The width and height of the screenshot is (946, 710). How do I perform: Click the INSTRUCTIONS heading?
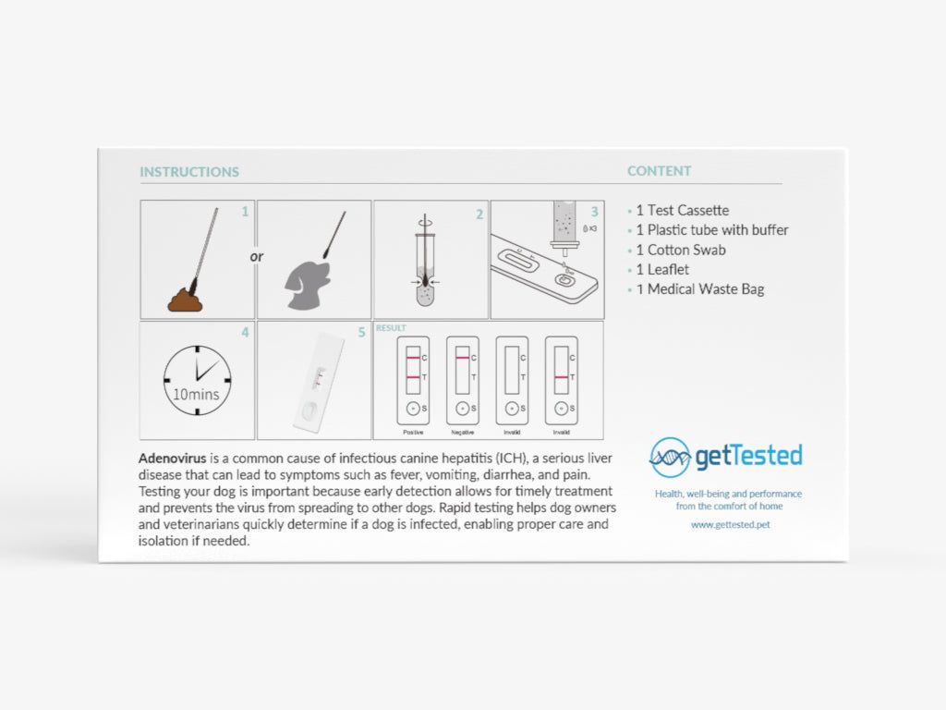pyautogui.click(x=189, y=172)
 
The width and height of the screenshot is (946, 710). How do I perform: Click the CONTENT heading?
pyautogui.click(x=659, y=171)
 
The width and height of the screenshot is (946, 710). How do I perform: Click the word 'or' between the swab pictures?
pyautogui.click(x=257, y=256)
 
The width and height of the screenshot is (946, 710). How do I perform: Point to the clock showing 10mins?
pyautogui.click(x=197, y=380)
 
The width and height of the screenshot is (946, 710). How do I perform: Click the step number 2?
pyautogui.click(x=479, y=214)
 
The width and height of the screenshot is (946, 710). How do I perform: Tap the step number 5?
pyautogui.click(x=362, y=332)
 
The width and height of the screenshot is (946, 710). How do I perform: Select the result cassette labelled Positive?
pyautogui.click(x=412, y=380)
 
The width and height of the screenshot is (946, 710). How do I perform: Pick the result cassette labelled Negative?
pyautogui.click(x=462, y=380)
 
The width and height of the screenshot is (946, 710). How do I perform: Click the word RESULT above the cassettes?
pyautogui.click(x=391, y=328)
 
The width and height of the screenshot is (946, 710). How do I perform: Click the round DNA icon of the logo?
pyautogui.click(x=670, y=457)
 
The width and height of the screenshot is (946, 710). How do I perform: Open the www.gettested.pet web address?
pyautogui.click(x=730, y=524)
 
